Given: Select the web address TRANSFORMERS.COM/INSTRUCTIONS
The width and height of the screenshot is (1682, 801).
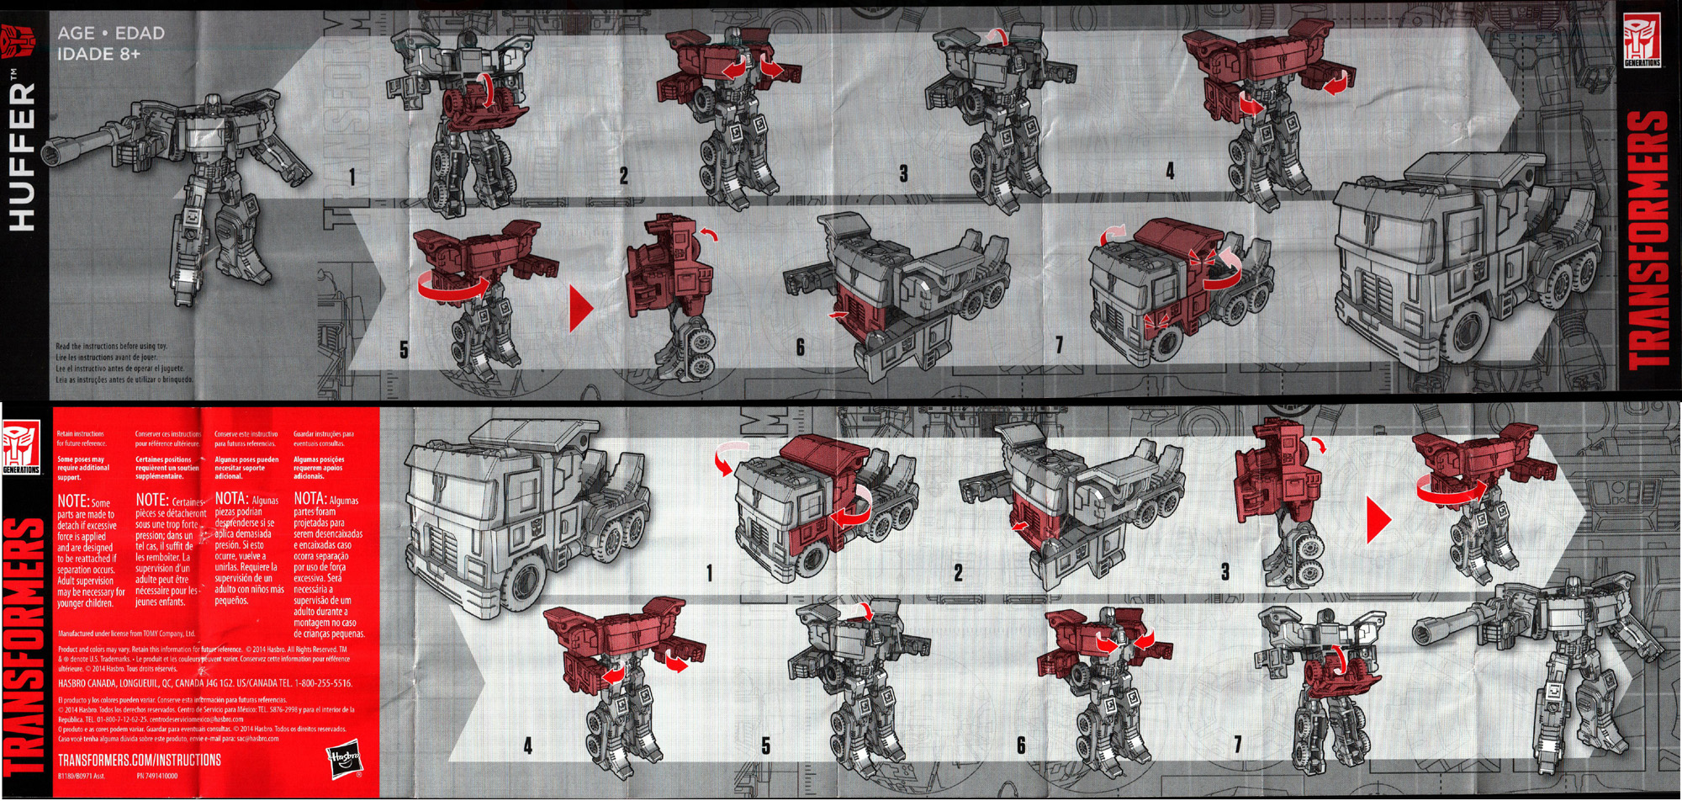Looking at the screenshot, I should coord(140,760).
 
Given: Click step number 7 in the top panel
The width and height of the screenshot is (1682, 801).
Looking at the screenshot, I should coord(1059,345).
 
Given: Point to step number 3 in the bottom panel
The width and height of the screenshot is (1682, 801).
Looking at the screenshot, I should coord(1225,572).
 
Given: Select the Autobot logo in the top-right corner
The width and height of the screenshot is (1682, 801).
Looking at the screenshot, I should coord(1642,40).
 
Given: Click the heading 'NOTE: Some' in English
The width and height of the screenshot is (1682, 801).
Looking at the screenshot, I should coord(83,501).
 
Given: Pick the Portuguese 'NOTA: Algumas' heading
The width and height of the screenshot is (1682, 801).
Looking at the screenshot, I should coord(327,499).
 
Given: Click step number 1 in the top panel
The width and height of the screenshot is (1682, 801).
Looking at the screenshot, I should coord(352,177).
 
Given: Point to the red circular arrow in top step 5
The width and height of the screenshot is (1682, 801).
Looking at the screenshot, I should coord(452,286).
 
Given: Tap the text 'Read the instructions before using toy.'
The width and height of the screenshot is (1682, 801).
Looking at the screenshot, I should coord(111,346).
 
